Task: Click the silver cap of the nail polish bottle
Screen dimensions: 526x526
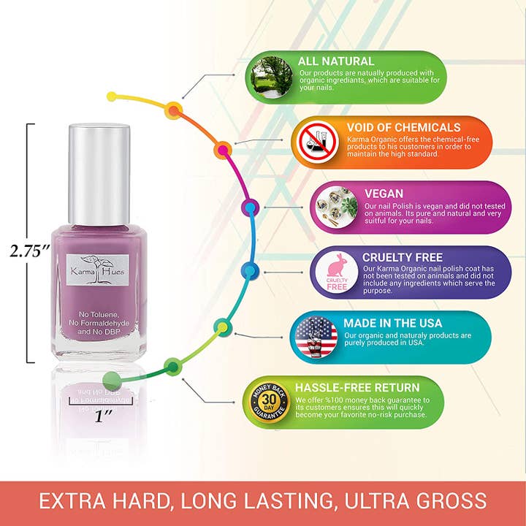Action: pyautogui.click(x=99, y=173)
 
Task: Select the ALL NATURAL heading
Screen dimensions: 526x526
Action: pyautogui.click(x=335, y=61)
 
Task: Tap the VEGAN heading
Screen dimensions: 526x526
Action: pyautogui.click(x=384, y=194)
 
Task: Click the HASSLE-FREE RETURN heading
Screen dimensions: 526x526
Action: pyautogui.click(x=357, y=387)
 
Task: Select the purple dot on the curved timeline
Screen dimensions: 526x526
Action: pyautogui.click(x=250, y=207)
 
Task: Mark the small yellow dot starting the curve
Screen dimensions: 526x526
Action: pyautogui.click(x=112, y=96)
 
